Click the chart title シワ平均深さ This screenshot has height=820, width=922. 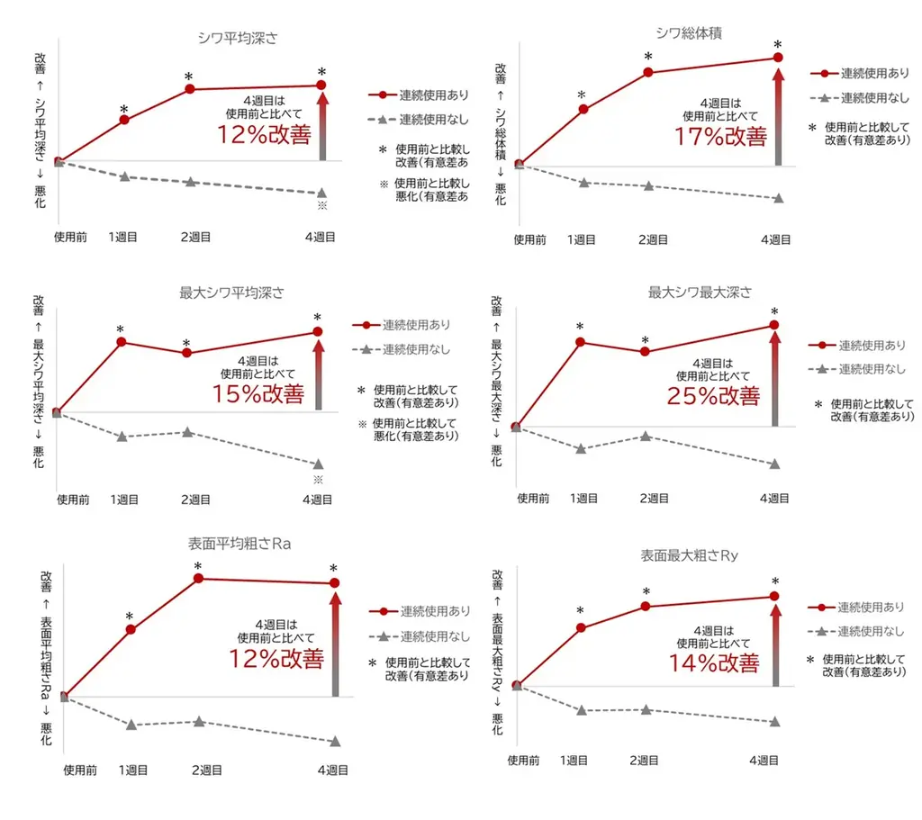(x=237, y=38)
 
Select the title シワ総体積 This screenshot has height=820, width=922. (x=690, y=33)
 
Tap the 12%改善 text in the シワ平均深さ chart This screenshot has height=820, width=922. (x=264, y=134)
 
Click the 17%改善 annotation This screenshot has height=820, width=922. (x=720, y=136)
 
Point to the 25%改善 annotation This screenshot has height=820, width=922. (x=713, y=396)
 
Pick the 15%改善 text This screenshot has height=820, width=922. (x=258, y=394)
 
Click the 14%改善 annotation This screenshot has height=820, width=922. (x=713, y=662)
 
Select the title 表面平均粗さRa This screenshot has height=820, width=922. (x=239, y=545)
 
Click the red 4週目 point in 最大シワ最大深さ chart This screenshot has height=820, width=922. (x=774, y=325)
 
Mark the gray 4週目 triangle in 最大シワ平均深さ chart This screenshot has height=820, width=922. (x=318, y=464)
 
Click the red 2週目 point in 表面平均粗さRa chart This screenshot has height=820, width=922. (x=199, y=578)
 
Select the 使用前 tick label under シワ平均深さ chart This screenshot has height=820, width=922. (x=70, y=238)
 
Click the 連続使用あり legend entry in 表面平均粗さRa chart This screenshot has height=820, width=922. (x=420, y=611)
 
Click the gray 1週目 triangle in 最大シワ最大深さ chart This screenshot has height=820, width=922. (x=581, y=448)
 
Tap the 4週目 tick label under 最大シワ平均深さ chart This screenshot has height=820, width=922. (x=316, y=500)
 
